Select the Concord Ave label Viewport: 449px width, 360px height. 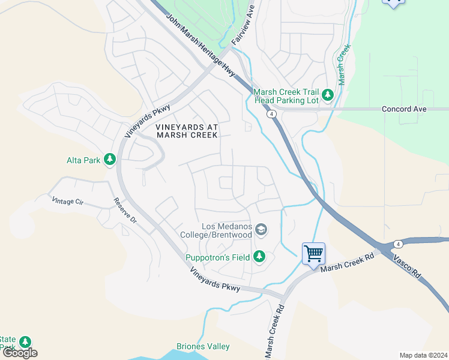pyautogui.click(x=404, y=109)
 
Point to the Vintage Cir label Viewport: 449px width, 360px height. pyautogui.click(x=67, y=202)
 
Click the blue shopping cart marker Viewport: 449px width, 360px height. pyautogui.click(x=313, y=254)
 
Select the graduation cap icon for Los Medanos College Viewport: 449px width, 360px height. pyautogui.click(x=261, y=230)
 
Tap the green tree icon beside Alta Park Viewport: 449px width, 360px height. pyautogui.click(x=109, y=160)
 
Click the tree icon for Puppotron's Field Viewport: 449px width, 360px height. pyautogui.click(x=259, y=257)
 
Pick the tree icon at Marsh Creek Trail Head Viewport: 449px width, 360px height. pyautogui.click(x=327, y=95)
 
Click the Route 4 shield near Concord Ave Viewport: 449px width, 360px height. pyautogui.click(x=272, y=113)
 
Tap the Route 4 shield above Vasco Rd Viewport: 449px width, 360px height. pyautogui.click(x=399, y=244)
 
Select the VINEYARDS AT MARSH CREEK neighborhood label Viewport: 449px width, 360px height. pyautogui.click(x=186, y=131)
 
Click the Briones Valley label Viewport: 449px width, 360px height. pyautogui.click(x=203, y=347)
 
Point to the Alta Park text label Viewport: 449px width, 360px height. pyautogui.click(x=83, y=160)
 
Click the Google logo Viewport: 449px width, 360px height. pyautogui.click(x=20, y=353)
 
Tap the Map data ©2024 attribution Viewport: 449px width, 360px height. pyautogui.click(x=423, y=355)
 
